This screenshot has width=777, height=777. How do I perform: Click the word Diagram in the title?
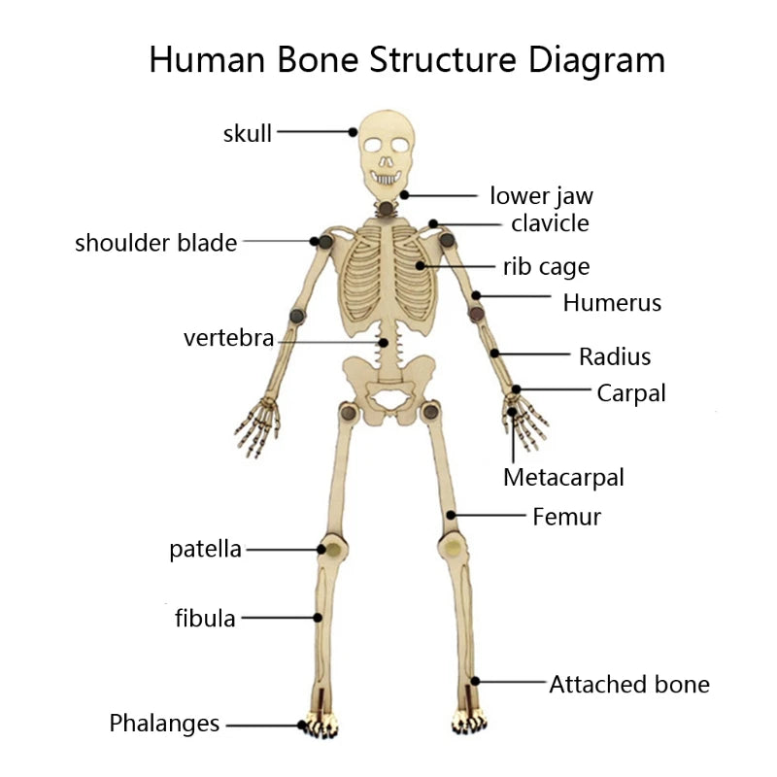[596, 61]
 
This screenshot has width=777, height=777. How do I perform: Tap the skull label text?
[248, 133]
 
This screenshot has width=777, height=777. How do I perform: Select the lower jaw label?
[541, 196]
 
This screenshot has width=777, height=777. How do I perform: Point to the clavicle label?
[550, 223]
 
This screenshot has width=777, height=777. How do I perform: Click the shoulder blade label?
[156, 243]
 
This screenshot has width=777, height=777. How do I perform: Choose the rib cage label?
[547, 267]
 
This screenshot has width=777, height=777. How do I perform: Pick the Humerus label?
[612, 302]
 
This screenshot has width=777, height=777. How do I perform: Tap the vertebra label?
[228, 338]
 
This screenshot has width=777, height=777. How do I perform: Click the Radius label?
[615, 356]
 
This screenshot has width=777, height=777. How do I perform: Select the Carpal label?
[631, 394]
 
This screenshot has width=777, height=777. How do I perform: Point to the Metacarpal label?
[563, 478]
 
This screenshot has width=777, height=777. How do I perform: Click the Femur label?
[567, 517]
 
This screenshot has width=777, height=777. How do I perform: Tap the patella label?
[205, 549]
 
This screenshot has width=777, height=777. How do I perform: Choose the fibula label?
[205, 619]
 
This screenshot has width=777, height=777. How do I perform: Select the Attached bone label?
[629, 685]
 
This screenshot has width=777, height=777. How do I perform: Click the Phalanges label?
[164, 724]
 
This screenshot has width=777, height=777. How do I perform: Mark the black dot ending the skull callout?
[353, 132]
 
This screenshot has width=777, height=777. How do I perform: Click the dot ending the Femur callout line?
[451, 516]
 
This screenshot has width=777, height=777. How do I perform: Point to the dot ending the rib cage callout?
[421, 265]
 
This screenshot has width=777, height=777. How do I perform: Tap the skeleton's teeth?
[386, 178]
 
